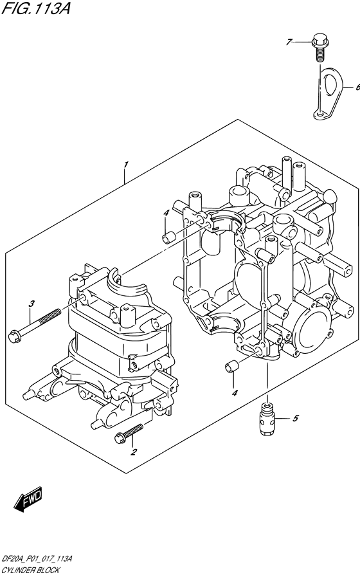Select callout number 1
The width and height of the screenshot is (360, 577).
click(127, 165)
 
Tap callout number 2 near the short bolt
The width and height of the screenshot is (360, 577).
click(134, 452)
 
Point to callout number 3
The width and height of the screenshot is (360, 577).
click(30, 304)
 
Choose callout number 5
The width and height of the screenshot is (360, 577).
click(296, 419)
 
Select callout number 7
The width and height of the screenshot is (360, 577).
click(290, 42)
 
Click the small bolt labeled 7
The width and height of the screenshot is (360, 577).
click(319, 46)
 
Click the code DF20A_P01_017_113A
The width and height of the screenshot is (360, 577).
click(37, 560)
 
